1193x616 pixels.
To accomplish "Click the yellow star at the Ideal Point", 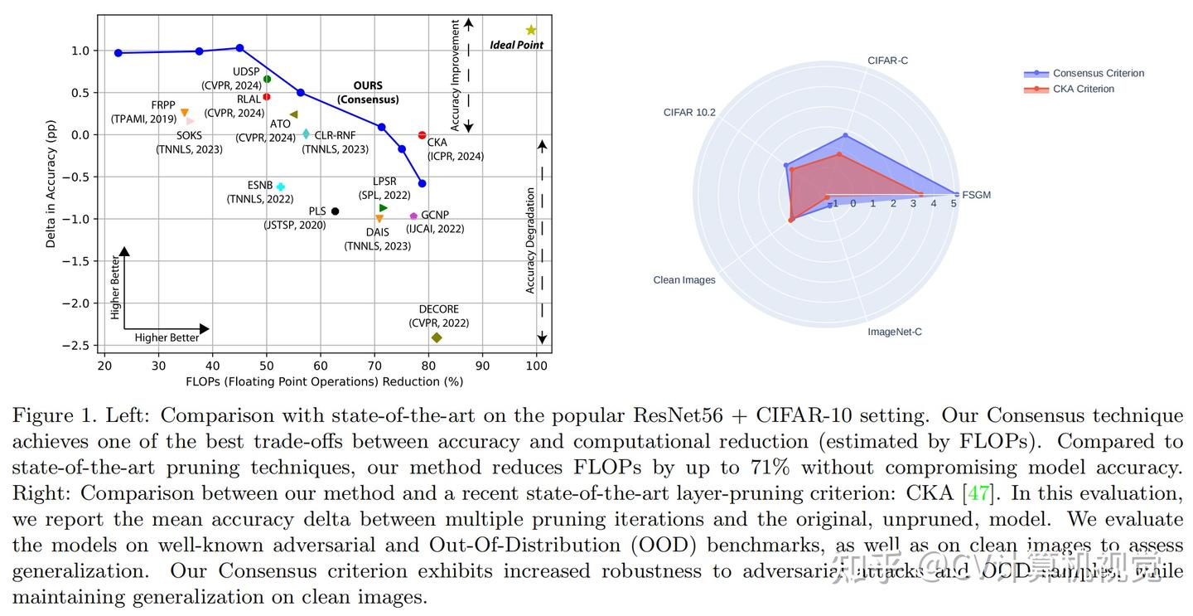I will pyautogui.click(x=531, y=31).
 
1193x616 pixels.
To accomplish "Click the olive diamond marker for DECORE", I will pyautogui.click(x=437, y=337).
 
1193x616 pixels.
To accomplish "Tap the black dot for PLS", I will pyautogui.click(x=335, y=211).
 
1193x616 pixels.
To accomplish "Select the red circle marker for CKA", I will pyautogui.click(x=423, y=135).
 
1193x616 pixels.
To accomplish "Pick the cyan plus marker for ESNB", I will pyautogui.click(x=281, y=187).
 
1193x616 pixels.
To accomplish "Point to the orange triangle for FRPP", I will pyautogui.click(x=185, y=113).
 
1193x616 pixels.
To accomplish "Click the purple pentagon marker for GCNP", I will pyautogui.click(x=413, y=216).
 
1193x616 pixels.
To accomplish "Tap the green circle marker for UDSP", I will pyautogui.click(x=267, y=79).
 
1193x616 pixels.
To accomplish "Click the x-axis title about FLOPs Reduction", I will pyautogui.click(x=324, y=382).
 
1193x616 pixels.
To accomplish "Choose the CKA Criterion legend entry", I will pyautogui.click(x=1083, y=89).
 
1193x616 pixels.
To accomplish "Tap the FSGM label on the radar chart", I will pyautogui.click(x=977, y=196).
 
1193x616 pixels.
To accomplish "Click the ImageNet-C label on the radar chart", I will pyautogui.click(x=894, y=332).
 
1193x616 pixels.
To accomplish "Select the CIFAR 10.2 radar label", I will pyautogui.click(x=689, y=112).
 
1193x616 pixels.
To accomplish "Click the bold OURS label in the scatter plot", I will pyautogui.click(x=368, y=85).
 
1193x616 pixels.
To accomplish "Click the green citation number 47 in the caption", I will pyautogui.click(x=978, y=494).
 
